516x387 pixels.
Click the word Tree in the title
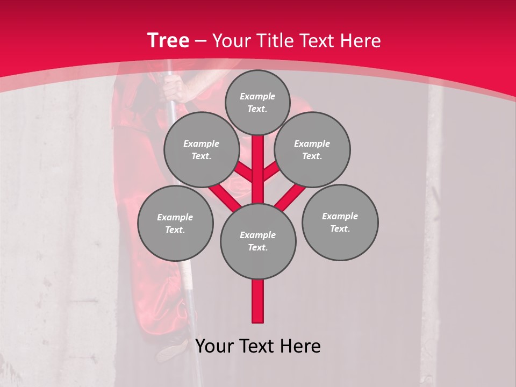pyautogui.click(x=168, y=40)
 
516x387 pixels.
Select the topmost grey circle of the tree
pyautogui.click(x=257, y=102)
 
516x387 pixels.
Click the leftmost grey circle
pyautogui.click(x=175, y=224)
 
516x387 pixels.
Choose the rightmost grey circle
pyautogui.click(x=340, y=222)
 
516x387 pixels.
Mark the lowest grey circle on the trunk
pyautogui.click(x=258, y=241)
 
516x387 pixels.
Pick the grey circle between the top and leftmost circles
pyautogui.click(x=202, y=150)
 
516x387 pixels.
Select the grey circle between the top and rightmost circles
pyautogui.click(x=312, y=150)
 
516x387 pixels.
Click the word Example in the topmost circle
pyautogui.click(x=257, y=96)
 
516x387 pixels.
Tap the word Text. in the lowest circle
pyautogui.click(x=257, y=247)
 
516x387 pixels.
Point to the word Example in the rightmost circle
pyautogui.click(x=340, y=216)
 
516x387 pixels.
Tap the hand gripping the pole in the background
pyautogui.click(x=175, y=88)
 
